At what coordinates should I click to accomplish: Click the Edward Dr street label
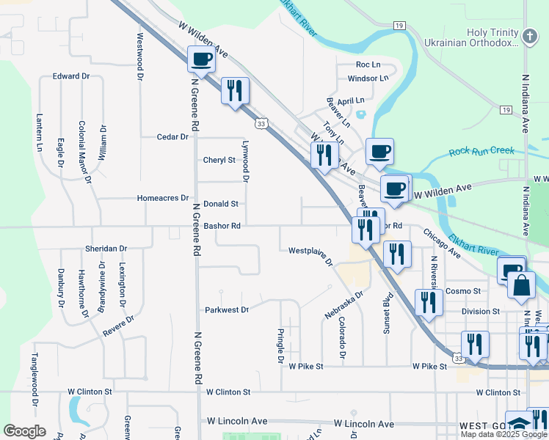(x=70, y=76)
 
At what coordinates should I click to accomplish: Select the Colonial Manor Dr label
(x=85, y=151)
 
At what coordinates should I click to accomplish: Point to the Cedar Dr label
(x=173, y=136)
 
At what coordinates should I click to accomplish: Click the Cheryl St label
(x=219, y=160)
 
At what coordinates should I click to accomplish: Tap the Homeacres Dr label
(x=163, y=198)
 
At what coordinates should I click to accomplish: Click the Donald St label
(x=221, y=204)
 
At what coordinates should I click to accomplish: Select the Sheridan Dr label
(x=106, y=249)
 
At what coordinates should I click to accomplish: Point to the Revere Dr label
(x=118, y=326)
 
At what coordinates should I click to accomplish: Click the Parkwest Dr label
(x=227, y=309)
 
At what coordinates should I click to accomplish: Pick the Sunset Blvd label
(x=385, y=316)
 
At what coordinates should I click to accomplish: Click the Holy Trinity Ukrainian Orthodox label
(x=472, y=38)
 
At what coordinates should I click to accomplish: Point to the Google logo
(x=23, y=431)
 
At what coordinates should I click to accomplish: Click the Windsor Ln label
(x=368, y=78)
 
